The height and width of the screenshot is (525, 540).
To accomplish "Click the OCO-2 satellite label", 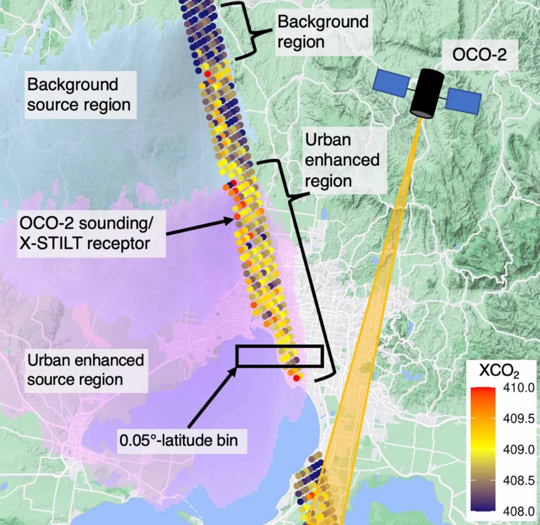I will click(479, 55).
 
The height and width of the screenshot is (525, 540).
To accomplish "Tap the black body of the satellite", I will click(427, 93).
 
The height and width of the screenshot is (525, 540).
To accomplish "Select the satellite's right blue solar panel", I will click(463, 101).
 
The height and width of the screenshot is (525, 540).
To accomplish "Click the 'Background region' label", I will click(322, 31).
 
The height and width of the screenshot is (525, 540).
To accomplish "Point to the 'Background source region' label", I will click(78, 94).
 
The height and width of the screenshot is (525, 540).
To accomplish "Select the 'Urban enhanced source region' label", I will click(85, 369).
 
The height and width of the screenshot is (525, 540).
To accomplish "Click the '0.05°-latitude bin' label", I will click(179, 440).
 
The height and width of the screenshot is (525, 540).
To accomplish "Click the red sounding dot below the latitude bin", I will click(297, 378).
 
